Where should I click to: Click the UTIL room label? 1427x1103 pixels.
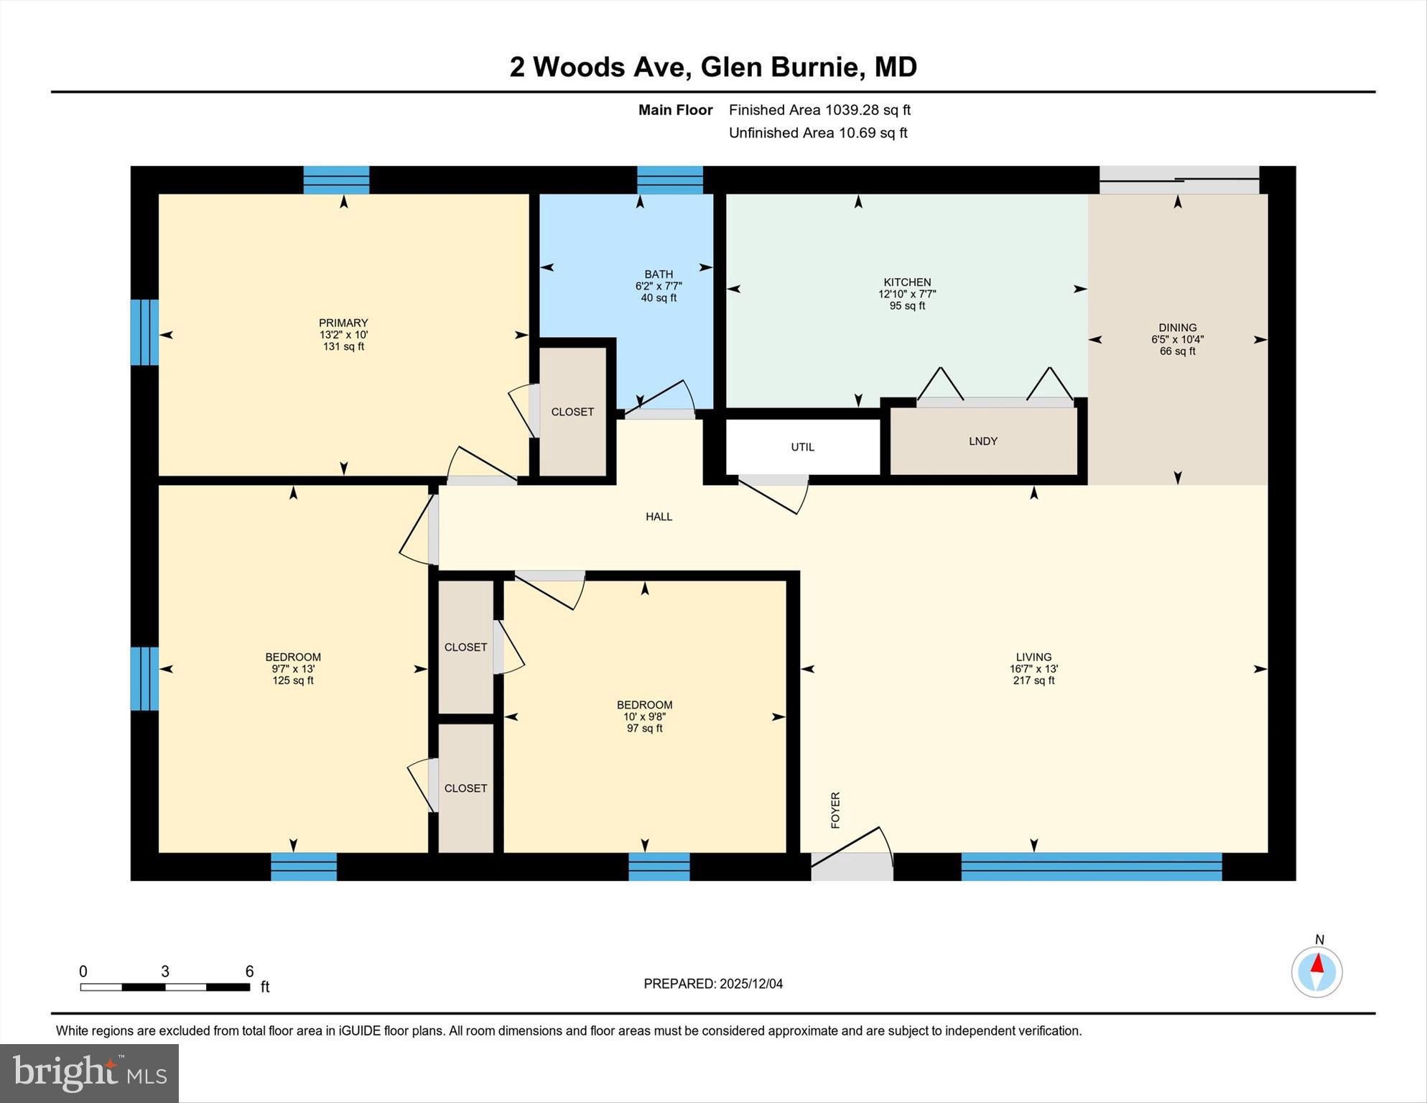(x=802, y=447)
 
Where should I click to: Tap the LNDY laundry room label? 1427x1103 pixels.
(x=982, y=441)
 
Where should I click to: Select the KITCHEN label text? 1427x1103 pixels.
(x=907, y=282)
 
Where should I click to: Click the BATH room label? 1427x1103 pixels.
(x=659, y=274)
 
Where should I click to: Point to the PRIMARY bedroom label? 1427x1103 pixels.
(x=343, y=323)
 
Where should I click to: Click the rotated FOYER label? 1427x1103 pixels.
(x=835, y=810)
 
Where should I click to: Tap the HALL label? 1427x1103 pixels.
(x=659, y=517)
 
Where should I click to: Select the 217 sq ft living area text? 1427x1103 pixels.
(x=1033, y=680)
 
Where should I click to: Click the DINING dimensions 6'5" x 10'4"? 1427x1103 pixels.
(x=1177, y=339)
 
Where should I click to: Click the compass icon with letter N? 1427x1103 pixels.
(x=1316, y=971)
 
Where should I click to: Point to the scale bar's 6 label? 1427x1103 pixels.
(x=249, y=972)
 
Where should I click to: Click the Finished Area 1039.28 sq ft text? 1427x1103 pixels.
(x=819, y=110)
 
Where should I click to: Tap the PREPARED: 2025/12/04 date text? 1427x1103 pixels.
(x=713, y=984)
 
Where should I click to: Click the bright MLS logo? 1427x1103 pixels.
(x=89, y=1073)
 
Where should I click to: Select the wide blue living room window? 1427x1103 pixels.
(x=1091, y=866)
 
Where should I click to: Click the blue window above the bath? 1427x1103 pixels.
(x=669, y=180)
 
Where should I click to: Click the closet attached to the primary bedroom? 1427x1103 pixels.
(x=572, y=412)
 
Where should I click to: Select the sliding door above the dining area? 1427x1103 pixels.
(x=1179, y=180)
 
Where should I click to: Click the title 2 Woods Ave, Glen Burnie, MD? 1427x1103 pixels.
(x=713, y=67)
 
